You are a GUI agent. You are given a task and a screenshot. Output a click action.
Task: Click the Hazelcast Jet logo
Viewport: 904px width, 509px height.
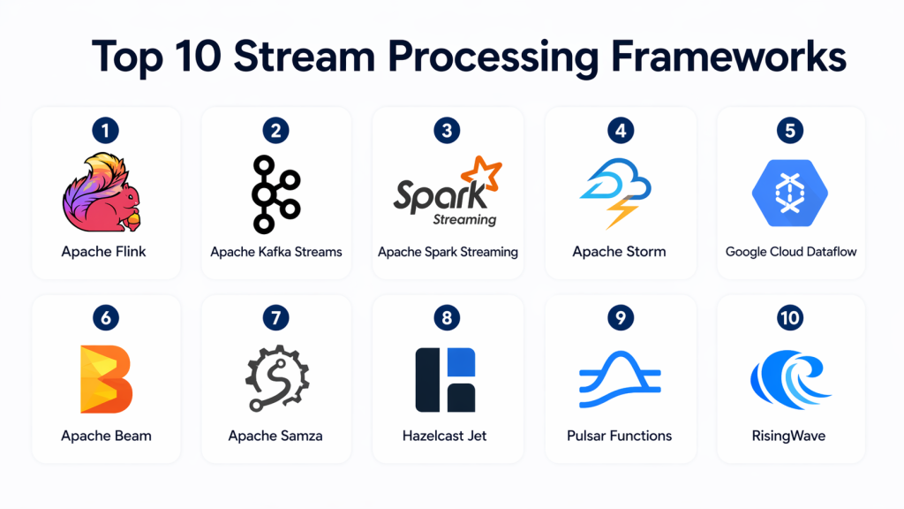point(446,379)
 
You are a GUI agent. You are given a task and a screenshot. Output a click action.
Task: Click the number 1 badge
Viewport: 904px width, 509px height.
point(105,131)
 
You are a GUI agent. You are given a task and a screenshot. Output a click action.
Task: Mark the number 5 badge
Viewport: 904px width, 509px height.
point(790,131)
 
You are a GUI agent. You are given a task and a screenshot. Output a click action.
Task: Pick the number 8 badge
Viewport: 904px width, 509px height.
point(447,317)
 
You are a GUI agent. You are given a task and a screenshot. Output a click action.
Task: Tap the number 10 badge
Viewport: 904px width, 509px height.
point(790,317)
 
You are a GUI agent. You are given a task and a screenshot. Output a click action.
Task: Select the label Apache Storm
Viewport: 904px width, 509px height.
point(619,252)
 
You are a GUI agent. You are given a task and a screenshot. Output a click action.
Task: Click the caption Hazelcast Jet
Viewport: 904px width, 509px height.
point(447,436)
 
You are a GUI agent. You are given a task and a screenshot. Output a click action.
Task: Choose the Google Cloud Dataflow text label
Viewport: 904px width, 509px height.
point(791,252)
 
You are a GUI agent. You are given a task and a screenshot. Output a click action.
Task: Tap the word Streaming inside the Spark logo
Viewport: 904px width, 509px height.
point(464,218)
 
